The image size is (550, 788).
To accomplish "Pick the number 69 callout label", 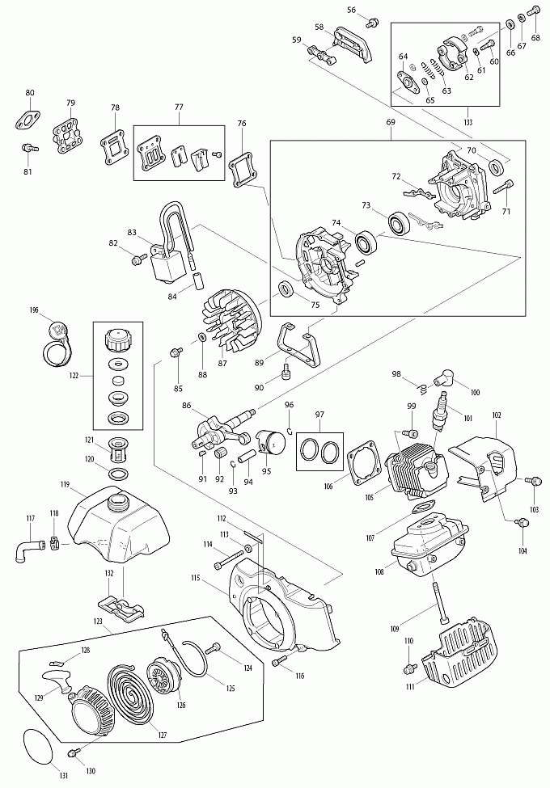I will tap(391, 122).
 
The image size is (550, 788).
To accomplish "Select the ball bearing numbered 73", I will tap(396, 221).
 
